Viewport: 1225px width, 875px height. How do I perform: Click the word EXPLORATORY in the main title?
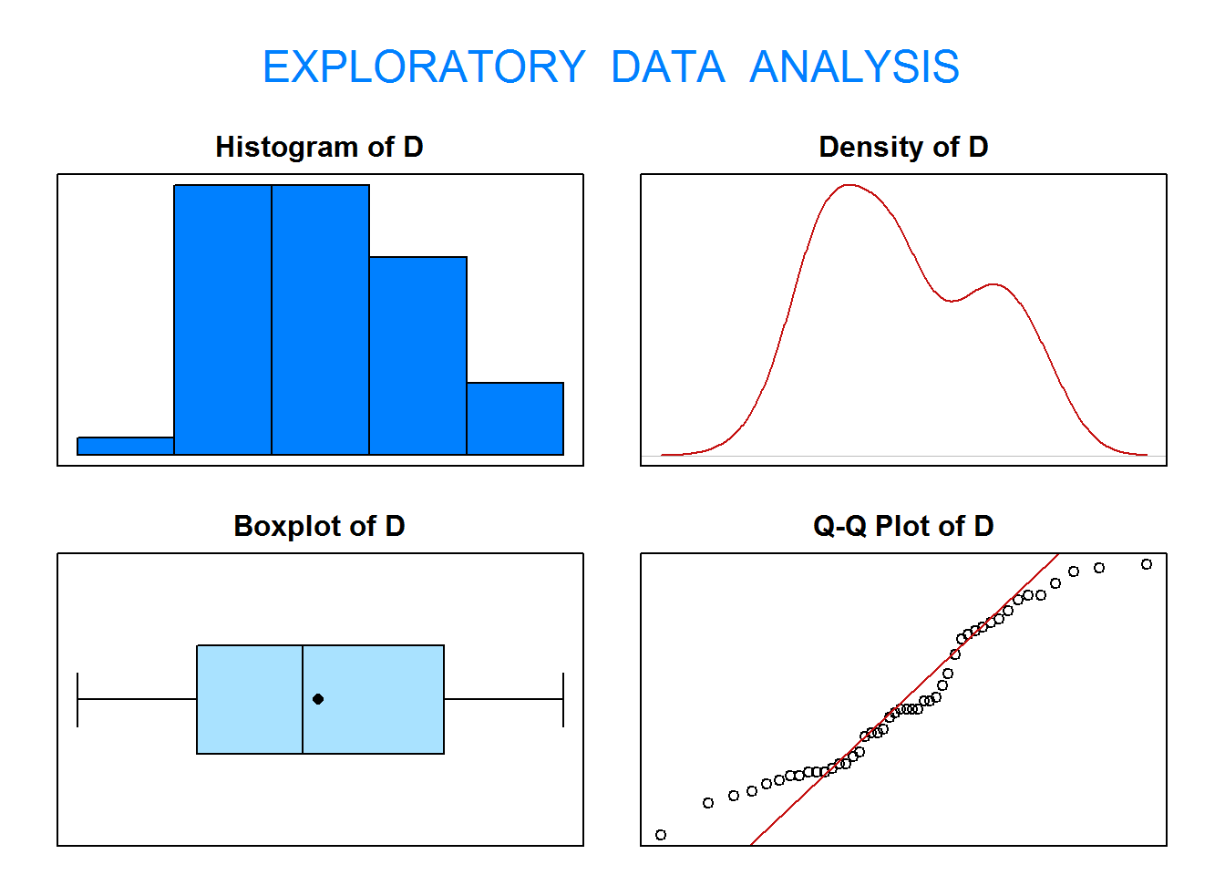coord(424,67)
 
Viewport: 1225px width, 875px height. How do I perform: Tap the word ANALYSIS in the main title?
coord(854,67)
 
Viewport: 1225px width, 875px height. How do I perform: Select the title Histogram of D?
coord(319,147)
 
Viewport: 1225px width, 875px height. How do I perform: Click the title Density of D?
coord(903,147)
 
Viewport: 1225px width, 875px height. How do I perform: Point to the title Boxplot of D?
coord(319,526)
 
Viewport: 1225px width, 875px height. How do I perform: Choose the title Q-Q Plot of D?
coord(903,526)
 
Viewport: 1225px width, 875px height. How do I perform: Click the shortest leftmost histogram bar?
coord(126,446)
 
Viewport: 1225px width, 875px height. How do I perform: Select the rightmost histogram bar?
coord(515,418)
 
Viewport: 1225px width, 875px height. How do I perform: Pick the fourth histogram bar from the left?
coord(417,355)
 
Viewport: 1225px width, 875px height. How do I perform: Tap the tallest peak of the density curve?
coord(849,185)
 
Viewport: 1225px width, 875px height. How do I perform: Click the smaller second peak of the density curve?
coord(993,284)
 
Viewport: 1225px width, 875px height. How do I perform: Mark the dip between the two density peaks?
coord(952,301)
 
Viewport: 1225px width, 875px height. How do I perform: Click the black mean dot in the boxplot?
coord(318,699)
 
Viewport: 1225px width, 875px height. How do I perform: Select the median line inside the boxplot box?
coord(303,699)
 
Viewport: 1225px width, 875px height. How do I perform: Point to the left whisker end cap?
coord(77,699)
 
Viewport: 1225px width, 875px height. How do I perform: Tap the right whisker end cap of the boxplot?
coord(563,699)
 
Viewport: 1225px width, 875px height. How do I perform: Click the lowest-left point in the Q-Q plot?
coord(661,835)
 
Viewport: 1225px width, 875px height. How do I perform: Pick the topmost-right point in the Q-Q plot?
coord(1147,564)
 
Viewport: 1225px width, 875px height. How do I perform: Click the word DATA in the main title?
coord(668,67)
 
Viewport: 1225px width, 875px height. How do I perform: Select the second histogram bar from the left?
coord(223,320)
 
